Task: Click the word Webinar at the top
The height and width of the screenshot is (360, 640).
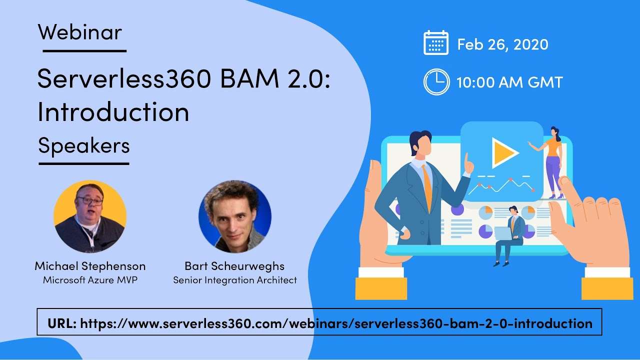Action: click(79, 32)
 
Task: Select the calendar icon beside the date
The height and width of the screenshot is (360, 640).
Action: click(436, 43)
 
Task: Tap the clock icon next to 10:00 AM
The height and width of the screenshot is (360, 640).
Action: click(436, 82)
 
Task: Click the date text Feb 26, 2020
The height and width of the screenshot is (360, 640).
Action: click(502, 44)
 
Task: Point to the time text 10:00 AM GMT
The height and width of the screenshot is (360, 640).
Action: click(509, 82)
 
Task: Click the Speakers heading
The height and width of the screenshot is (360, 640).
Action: click(83, 145)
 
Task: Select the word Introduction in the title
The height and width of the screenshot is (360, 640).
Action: click(113, 112)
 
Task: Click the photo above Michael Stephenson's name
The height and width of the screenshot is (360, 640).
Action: click(90, 216)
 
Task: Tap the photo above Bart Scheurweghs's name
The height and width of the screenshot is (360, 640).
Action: click(234, 216)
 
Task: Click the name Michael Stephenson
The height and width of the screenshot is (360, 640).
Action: click(90, 265)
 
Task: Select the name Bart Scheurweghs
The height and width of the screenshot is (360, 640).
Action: click(234, 265)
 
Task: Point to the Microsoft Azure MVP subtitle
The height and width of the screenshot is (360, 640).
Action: click(90, 280)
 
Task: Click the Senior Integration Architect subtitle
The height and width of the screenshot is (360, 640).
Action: click(234, 280)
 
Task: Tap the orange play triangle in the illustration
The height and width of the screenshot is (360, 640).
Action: click(504, 152)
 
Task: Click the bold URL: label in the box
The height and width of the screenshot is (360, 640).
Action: click(62, 323)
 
